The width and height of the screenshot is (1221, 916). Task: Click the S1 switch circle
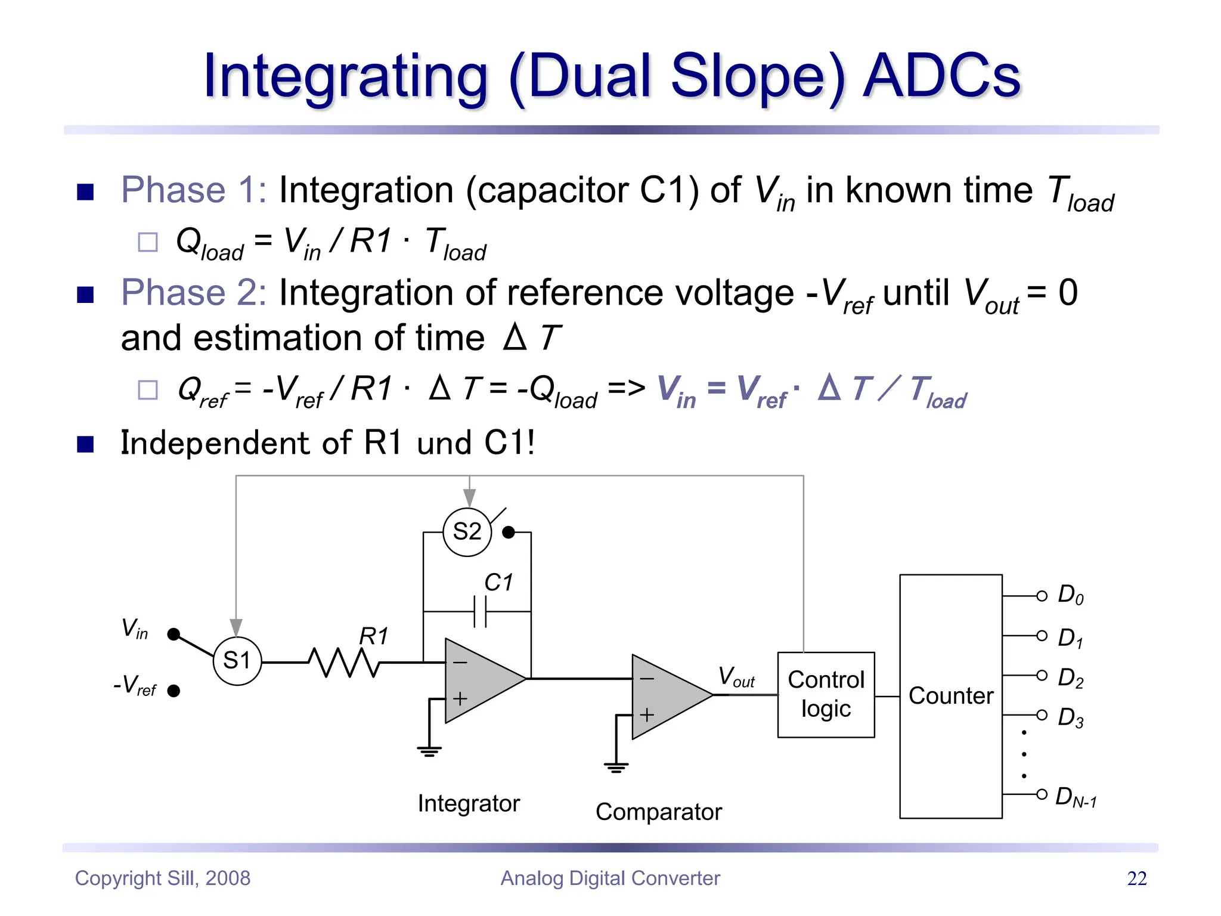237,661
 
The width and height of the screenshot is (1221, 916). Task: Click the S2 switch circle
467,532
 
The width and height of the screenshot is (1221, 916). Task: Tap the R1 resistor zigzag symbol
343,662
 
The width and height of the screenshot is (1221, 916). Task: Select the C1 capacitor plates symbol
480,611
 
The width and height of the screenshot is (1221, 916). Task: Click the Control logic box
826,695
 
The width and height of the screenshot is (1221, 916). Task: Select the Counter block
950,696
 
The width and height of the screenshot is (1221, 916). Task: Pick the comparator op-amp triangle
668,697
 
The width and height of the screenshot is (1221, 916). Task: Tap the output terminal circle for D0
1042,596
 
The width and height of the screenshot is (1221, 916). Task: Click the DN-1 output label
1076,797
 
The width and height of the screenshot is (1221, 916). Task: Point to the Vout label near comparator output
736,677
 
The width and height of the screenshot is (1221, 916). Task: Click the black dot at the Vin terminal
173,634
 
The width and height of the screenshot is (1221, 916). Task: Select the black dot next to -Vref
173,691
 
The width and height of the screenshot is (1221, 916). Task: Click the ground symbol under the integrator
429,751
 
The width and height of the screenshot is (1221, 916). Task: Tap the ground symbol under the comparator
616,768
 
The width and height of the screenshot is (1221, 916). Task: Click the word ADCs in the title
942,76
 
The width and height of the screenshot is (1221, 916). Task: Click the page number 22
1136,878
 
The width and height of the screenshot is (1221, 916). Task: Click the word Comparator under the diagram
658,812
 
